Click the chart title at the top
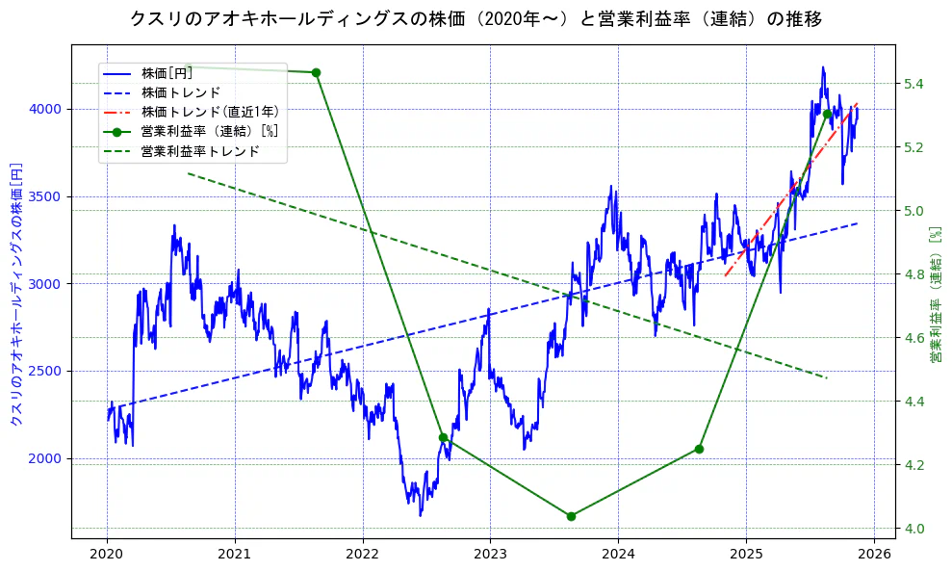[476, 18]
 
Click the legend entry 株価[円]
[167, 73]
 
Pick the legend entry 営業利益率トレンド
[200, 151]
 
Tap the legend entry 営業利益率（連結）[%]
[210, 132]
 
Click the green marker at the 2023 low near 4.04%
[571, 516]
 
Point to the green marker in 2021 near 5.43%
[316, 72]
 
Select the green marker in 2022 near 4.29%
[443, 437]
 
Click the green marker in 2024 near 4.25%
[699, 449]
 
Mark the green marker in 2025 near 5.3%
[827, 114]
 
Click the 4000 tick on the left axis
[46, 110]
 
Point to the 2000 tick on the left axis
[46, 458]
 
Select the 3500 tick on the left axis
[46, 196]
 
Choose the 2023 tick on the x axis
[490, 555]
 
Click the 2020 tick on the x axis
[107, 555]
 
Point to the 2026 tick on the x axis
[874, 555]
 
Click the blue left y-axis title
[15, 294]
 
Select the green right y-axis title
[935, 294]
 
